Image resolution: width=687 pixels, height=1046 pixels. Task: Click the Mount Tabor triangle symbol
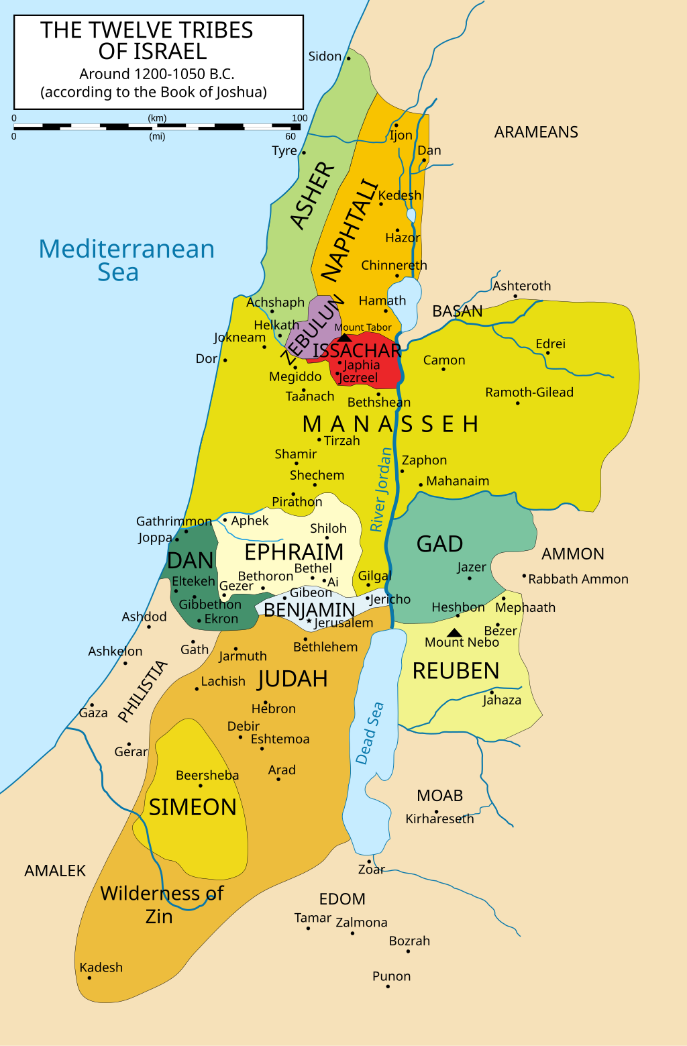pos(344,337)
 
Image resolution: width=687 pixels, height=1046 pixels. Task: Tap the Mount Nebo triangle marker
pos(454,633)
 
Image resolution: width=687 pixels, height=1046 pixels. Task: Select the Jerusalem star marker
pos(309,622)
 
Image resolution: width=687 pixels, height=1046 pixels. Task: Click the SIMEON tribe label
pos(193,807)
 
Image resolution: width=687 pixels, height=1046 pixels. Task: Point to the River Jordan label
pos(380,490)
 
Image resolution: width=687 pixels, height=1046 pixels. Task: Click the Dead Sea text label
pos(370,733)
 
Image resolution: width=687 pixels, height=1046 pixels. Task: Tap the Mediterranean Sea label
pos(126,260)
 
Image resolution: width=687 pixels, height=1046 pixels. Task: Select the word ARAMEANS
pos(536,132)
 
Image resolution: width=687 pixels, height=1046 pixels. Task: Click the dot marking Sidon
pos(348,59)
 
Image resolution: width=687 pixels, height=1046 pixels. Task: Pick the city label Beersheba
pos(207,775)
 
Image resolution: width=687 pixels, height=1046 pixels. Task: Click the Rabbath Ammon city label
pos(578,579)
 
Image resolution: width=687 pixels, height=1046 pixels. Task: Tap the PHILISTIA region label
pos(142,691)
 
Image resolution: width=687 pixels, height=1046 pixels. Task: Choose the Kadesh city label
pos(101,967)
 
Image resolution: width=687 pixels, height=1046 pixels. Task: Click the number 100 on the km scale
pos(299,118)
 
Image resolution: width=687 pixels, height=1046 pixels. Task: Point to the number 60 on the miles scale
pos(290,136)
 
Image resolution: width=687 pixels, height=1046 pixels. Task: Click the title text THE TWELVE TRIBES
pos(147,30)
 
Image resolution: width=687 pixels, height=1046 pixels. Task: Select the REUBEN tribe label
pos(456,671)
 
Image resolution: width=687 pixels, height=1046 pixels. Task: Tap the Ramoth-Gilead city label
pos(529,393)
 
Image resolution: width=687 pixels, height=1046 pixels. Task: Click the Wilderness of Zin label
pos(162,904)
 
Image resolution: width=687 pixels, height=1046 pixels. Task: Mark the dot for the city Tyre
pos(303,152)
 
